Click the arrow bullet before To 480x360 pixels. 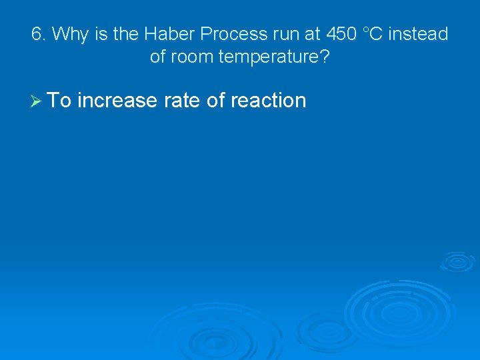[37, 101]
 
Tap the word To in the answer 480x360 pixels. [61, 101]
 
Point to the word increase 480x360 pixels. [119, 101]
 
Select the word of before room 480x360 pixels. [157, 57]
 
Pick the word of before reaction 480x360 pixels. [218, 101]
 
